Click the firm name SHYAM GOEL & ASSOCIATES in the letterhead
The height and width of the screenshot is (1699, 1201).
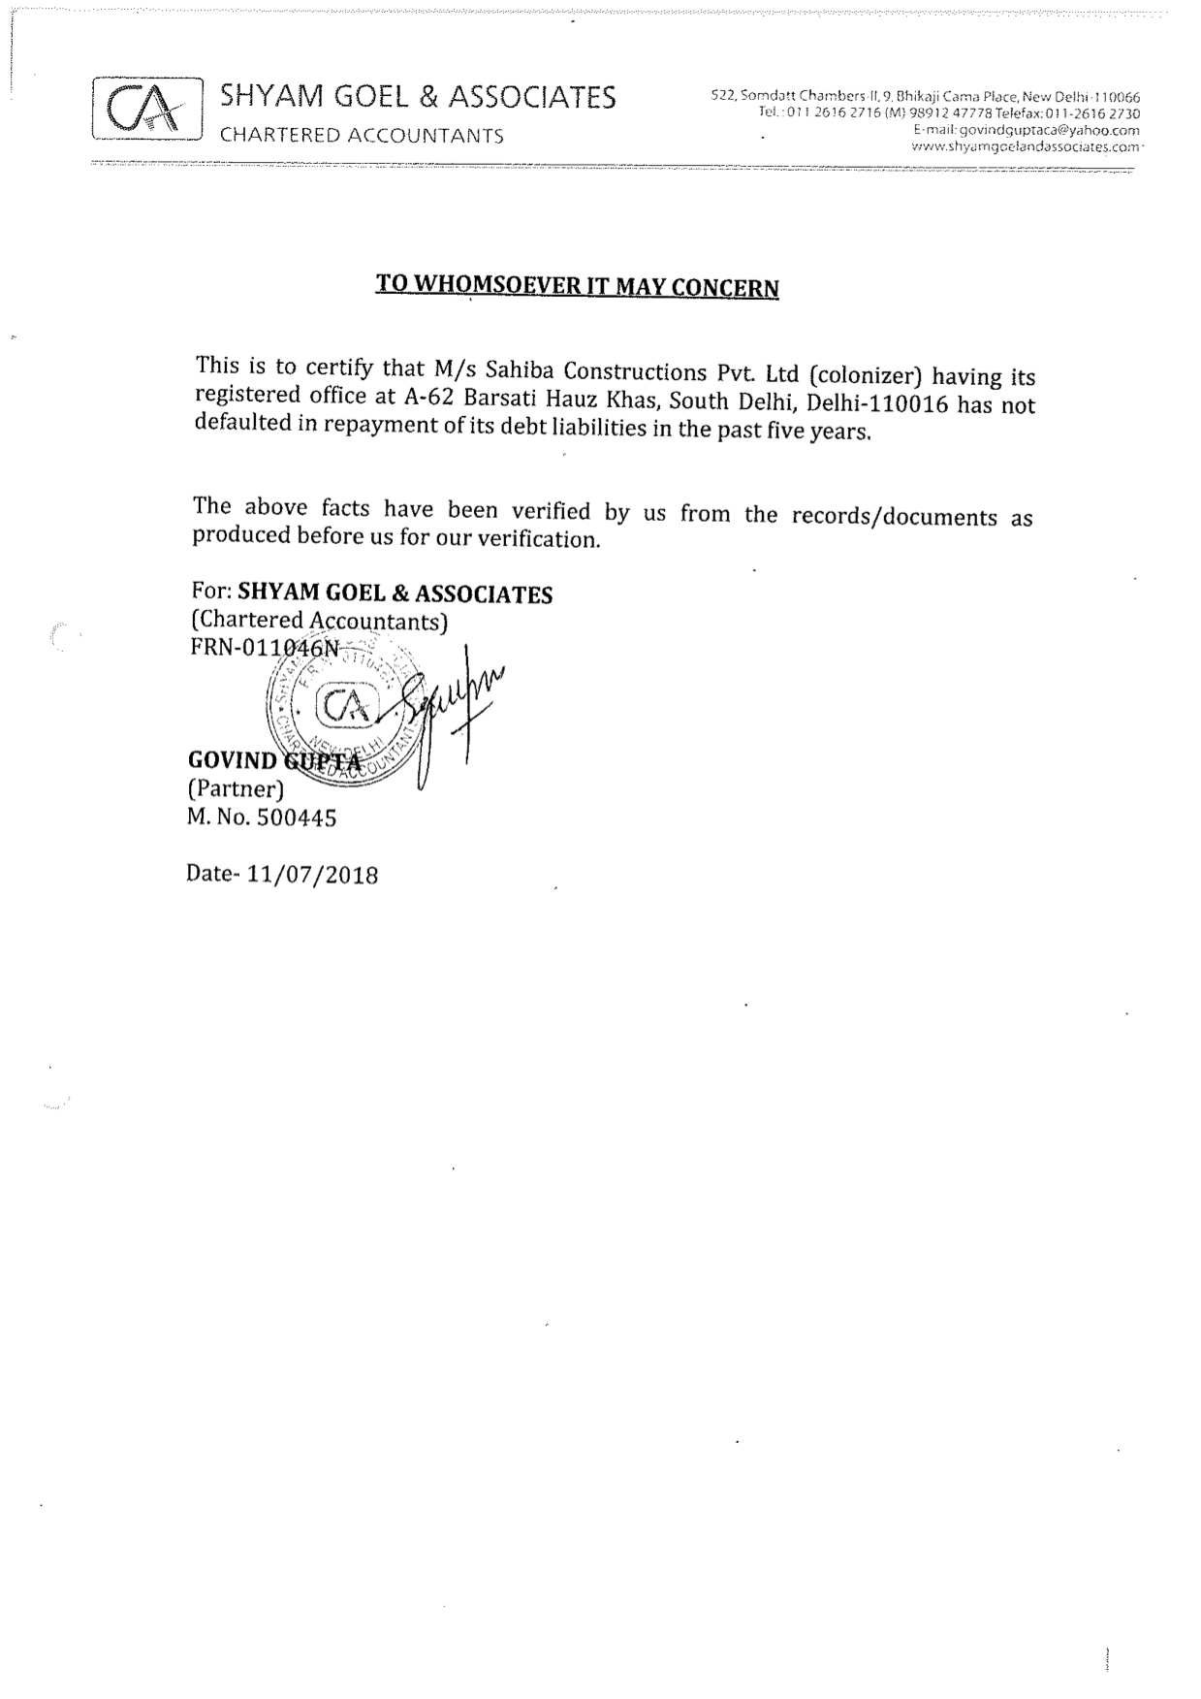click(418, 96)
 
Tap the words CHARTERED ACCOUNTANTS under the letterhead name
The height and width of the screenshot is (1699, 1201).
click(362, 136)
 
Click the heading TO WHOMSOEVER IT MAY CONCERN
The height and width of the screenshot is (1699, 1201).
click(577, 286)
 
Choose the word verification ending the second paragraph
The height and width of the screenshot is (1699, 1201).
click(548, 538)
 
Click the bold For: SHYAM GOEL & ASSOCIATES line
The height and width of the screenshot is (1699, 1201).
click(371, 593)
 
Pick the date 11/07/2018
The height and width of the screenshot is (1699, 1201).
click(312, 875)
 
